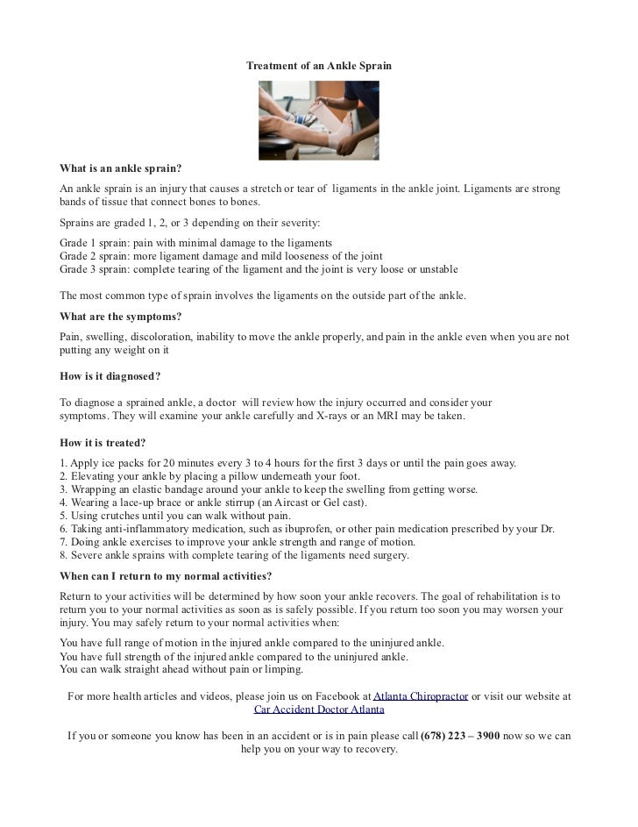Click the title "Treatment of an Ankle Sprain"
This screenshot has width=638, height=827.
[318, 67]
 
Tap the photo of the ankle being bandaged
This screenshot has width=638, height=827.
[318, 119]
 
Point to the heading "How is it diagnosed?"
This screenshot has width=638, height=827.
[110, 376]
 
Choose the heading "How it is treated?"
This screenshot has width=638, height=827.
[103, 443]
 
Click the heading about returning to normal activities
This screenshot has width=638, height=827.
[165, 576]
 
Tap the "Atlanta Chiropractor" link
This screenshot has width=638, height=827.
[421, 696]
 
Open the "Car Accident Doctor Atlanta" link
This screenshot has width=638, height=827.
[319, 710]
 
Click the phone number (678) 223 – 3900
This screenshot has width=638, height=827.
[460, 736]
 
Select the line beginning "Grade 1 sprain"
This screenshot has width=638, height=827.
[195, 242]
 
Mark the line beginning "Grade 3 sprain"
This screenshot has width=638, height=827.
[259, 269]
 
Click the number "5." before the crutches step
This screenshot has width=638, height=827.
[63, 517]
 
